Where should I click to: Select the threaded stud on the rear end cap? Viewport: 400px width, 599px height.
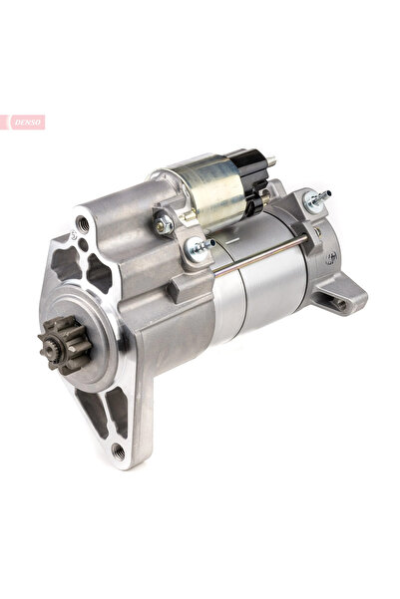click(317, 202)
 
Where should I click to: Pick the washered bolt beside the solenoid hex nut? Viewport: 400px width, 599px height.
click(199, 253)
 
